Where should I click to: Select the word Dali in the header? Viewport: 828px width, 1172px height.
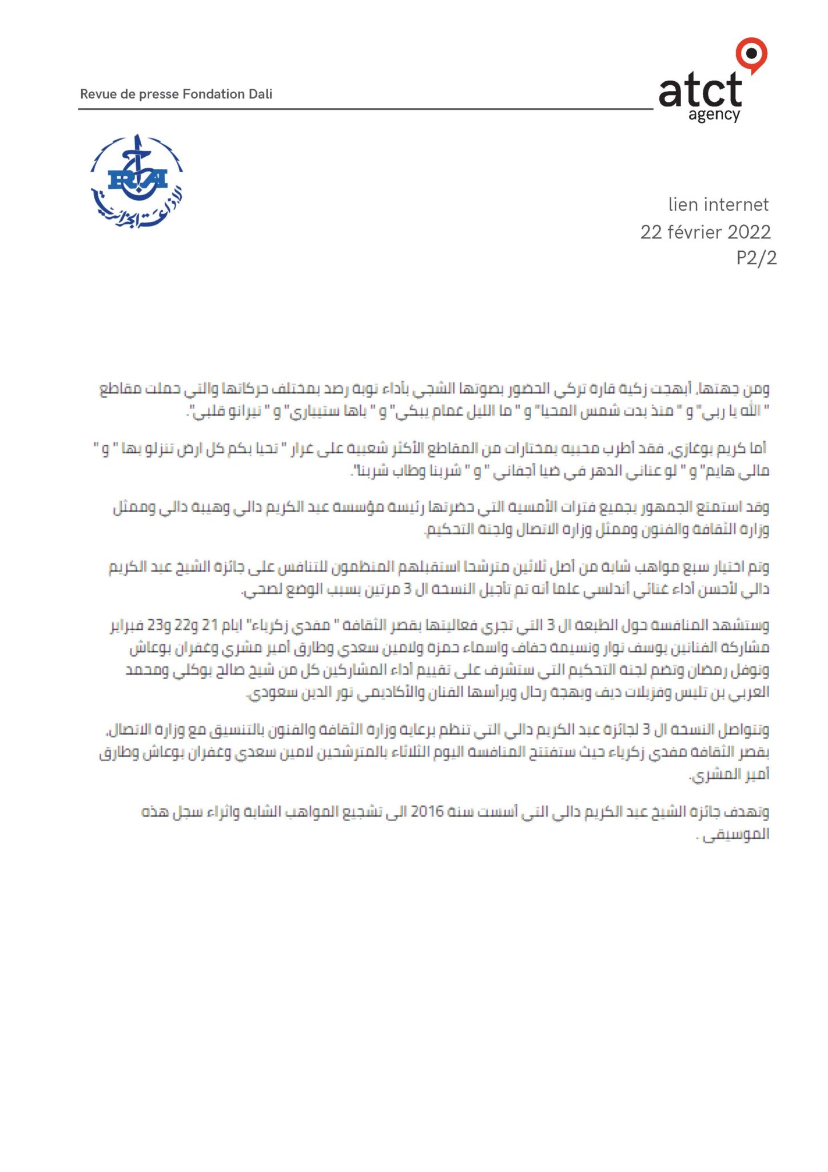coord(260,94)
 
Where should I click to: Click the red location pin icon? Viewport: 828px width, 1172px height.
coord(751,55)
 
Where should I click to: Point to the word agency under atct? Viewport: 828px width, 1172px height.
coord(714,115)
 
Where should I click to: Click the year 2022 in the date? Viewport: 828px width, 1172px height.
coord(749,232)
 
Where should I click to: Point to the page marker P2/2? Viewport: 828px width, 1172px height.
coord(756,258)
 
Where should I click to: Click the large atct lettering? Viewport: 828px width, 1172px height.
coord(700,90)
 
